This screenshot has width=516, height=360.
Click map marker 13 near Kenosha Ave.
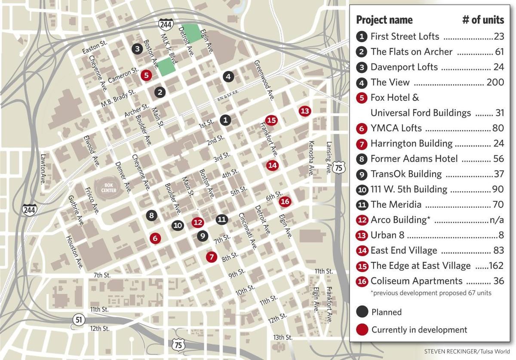[x=304, y=111]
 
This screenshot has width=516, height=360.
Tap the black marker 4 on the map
[x=228, y=77]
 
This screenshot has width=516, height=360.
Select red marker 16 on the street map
[x=285, y=201]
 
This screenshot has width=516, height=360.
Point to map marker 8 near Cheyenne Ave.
[x=151, y=215]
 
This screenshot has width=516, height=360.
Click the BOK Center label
[x=109, y=188]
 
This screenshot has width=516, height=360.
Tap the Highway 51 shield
[x=78, y=320]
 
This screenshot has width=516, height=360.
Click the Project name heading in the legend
[x=384, y=20]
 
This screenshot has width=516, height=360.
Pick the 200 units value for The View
[x=495, y=82]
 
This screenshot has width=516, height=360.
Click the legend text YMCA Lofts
[x=396, y=128]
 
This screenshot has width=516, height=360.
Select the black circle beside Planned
[x=362, y=312]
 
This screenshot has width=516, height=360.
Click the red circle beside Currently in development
[x=362, y=330]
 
